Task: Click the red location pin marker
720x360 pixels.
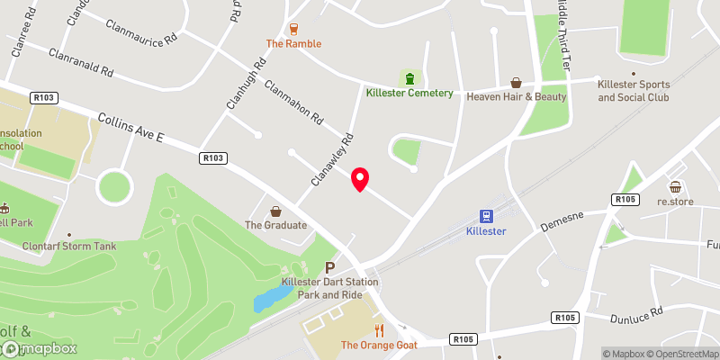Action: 360,179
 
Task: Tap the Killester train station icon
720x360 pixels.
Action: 487,216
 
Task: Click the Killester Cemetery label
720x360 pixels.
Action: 409,92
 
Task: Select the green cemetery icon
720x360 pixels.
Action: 410,76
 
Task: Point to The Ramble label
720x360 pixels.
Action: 293,43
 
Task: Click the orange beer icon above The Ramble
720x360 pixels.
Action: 293,28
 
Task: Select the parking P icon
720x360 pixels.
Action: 329,267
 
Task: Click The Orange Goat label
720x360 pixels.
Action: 379,345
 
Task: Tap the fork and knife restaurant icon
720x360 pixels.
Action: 379,329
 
